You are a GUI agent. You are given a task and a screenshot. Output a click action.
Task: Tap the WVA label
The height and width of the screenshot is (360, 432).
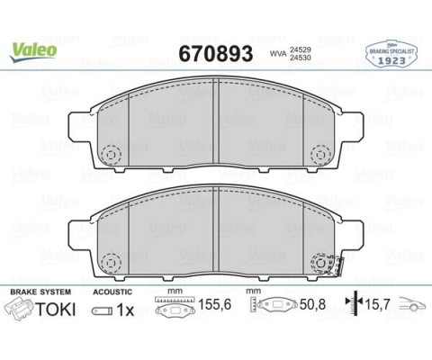pos(279,54)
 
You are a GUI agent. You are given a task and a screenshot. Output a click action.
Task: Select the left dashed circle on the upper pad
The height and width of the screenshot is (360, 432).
pos(111,155)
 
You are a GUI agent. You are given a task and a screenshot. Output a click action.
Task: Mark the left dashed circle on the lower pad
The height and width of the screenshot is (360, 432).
pos(111,263)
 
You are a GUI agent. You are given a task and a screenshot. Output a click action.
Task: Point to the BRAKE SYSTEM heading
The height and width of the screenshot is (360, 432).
pos(38,292)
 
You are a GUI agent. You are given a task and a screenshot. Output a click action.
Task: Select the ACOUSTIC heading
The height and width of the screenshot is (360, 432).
pos(112,292)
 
